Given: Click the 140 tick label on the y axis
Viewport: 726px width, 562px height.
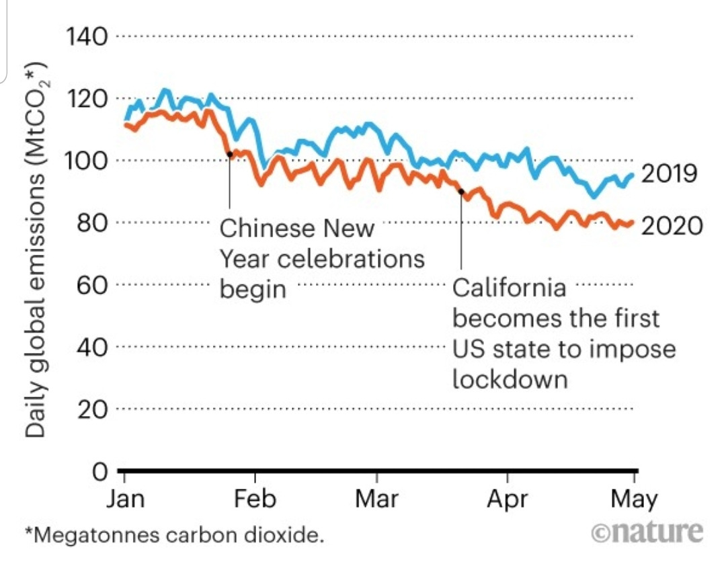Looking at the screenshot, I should [85, 36].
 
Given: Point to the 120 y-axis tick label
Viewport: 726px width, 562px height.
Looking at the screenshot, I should [85, 98].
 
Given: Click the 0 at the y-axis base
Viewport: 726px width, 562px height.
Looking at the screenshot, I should [99, 472].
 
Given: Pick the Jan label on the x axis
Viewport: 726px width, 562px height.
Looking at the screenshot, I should [126, 500].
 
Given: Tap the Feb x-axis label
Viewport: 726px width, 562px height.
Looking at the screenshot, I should [255, 500].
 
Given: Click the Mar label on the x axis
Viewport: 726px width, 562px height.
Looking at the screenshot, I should [376, 500].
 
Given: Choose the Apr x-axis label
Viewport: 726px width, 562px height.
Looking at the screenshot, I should [506, 500].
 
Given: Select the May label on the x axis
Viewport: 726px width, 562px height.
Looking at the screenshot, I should [634, 500].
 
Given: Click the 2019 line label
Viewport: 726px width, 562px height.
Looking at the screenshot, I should [670, 174].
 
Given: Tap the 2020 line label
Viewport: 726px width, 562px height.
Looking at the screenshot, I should [671, 225].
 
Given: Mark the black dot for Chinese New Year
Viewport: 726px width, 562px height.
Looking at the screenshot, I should [230, 154].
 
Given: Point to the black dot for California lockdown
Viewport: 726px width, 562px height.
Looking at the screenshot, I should [461, 192].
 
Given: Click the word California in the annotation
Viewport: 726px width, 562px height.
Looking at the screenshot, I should [509, 288].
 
